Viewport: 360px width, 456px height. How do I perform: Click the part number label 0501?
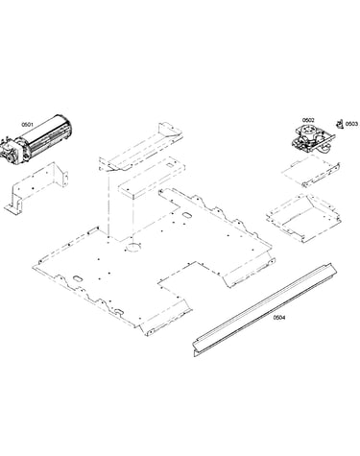point(27,125)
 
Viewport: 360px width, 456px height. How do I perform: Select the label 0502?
point(308,120)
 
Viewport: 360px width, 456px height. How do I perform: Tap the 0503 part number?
point(351,124)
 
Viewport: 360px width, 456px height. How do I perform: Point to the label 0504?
point(279,318)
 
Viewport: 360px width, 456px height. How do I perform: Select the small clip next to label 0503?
point(339,124)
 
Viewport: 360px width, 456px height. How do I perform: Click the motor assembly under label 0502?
point(312,138)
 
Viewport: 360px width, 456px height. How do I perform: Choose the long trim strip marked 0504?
point(265,310)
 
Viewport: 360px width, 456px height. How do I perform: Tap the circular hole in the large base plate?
point(132,247)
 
